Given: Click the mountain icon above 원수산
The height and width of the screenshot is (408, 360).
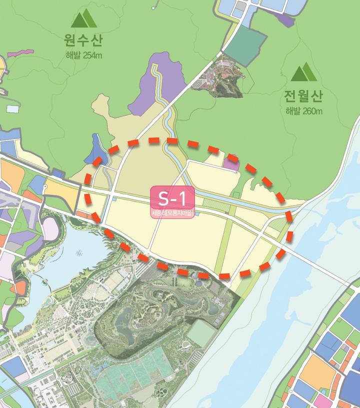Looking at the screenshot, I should pos(84,18).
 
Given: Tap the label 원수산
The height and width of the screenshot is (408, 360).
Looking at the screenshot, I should pos(83,38).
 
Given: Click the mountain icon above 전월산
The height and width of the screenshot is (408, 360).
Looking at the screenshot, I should pos(304,72).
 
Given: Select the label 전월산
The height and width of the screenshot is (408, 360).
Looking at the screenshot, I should pos(303,94).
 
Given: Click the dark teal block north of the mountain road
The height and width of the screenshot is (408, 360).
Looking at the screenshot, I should pos(245,45).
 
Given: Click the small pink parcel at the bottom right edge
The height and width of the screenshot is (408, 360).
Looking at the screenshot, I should pos(323,400).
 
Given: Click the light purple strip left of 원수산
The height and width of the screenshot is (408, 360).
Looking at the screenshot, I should pos(20,52).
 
